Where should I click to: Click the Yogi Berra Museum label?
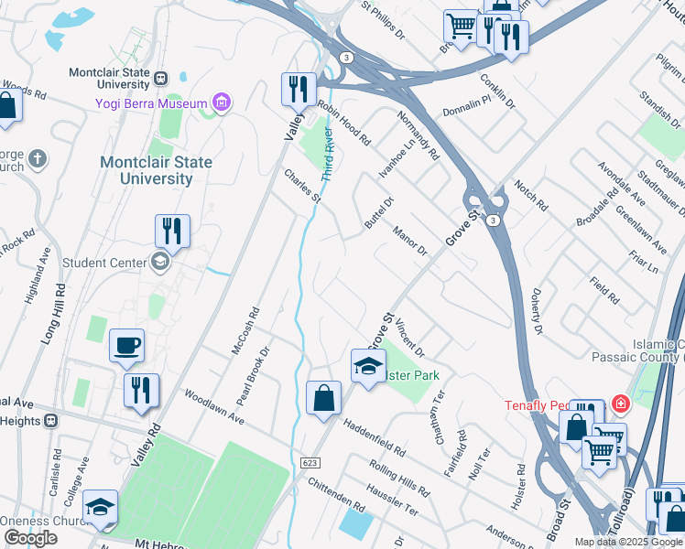pos(151,102)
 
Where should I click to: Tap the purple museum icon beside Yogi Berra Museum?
pos(221,102)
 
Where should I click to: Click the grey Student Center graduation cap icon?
pos(160,264)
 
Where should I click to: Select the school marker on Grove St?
pos(368,367)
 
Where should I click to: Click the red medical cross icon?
pos(620,404)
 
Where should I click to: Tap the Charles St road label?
pos(303,185)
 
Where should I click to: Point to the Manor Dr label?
pos(409,241)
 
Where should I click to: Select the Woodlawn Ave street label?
pos(214,407)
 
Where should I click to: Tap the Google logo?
pos(31,538)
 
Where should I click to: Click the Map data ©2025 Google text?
pos(628,542)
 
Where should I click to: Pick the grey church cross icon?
pos(38,159)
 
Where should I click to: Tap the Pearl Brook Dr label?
pos(254,375)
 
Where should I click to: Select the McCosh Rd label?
pos(245,329)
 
